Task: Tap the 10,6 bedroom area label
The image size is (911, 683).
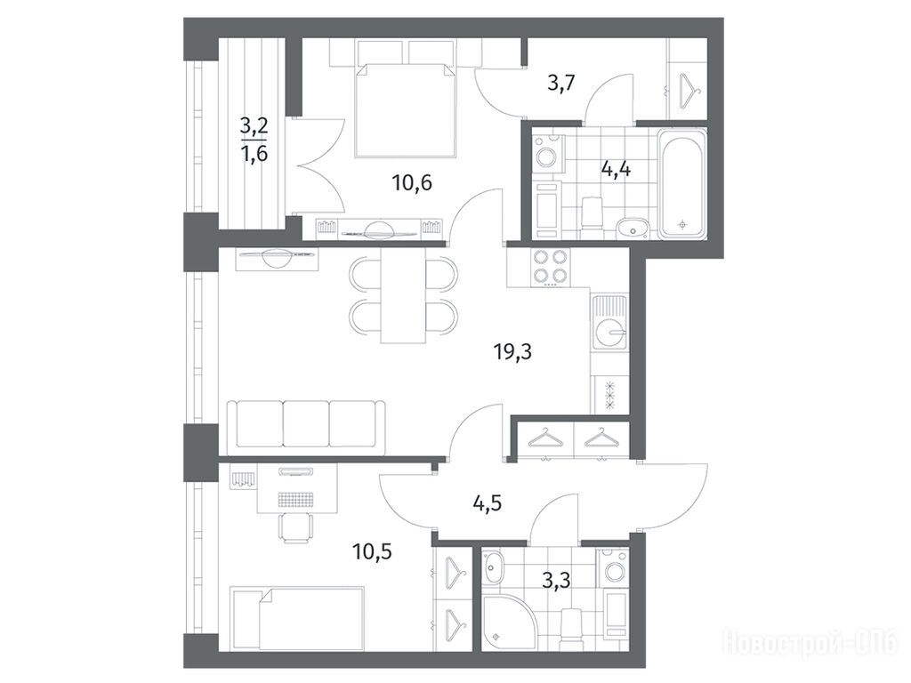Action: [412, 183]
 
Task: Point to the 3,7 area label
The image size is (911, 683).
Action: [561, 85]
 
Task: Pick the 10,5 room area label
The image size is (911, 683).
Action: [372, 550]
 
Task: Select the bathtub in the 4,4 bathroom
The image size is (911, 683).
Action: [682, 184]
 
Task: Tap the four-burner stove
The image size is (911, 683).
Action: [549, 265]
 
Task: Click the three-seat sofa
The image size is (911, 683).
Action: [306, 423]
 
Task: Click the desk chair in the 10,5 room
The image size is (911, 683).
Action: [294, 527]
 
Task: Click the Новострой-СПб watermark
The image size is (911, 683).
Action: [810, 642]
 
